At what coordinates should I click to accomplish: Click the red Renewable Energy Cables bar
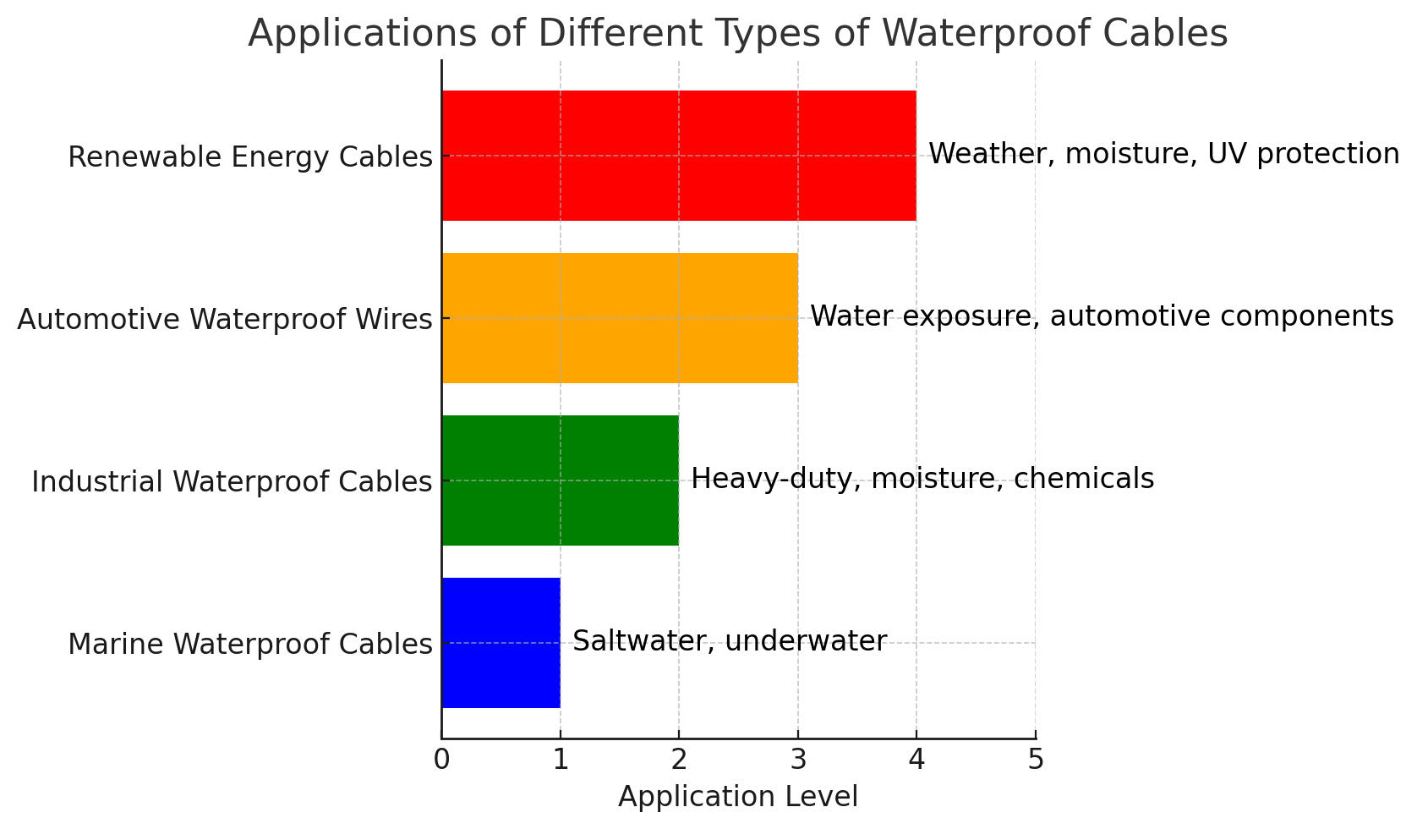click(x=678, y=156)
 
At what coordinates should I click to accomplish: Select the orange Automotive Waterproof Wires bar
click(x=619, y=318)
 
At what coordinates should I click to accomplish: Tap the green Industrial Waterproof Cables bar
click(x=560, y=480)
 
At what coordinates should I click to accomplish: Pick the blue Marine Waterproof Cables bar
click(x=501, y=643)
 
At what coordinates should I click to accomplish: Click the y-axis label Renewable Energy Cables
click(x=250, y=157)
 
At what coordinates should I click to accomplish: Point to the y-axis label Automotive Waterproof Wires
click(x=225, y=320)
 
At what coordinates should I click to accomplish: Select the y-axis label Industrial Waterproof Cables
click(x=232, y=482)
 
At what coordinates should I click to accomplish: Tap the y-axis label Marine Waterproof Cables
click(x=250, y=645)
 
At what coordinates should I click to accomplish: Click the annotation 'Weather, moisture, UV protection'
click(x=1164, y=154)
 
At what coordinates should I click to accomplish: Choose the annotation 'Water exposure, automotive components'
click(x=1102, y=316)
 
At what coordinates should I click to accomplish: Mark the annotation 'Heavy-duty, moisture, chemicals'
click(x=922, y=479)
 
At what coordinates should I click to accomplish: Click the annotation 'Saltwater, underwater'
click(x=730, y=641)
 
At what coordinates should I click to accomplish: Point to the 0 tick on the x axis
click(x=441, y=760)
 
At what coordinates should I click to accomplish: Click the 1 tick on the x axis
click(x=560, y=760)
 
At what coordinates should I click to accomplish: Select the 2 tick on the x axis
click(x=679, y=760)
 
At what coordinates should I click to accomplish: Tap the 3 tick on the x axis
click(x=797, y=760)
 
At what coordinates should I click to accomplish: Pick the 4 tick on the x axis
click(x=916, y=760)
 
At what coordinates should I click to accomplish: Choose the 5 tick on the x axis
click(x=1036, y=760)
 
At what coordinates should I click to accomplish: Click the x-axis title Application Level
click(x=738, y=797)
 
